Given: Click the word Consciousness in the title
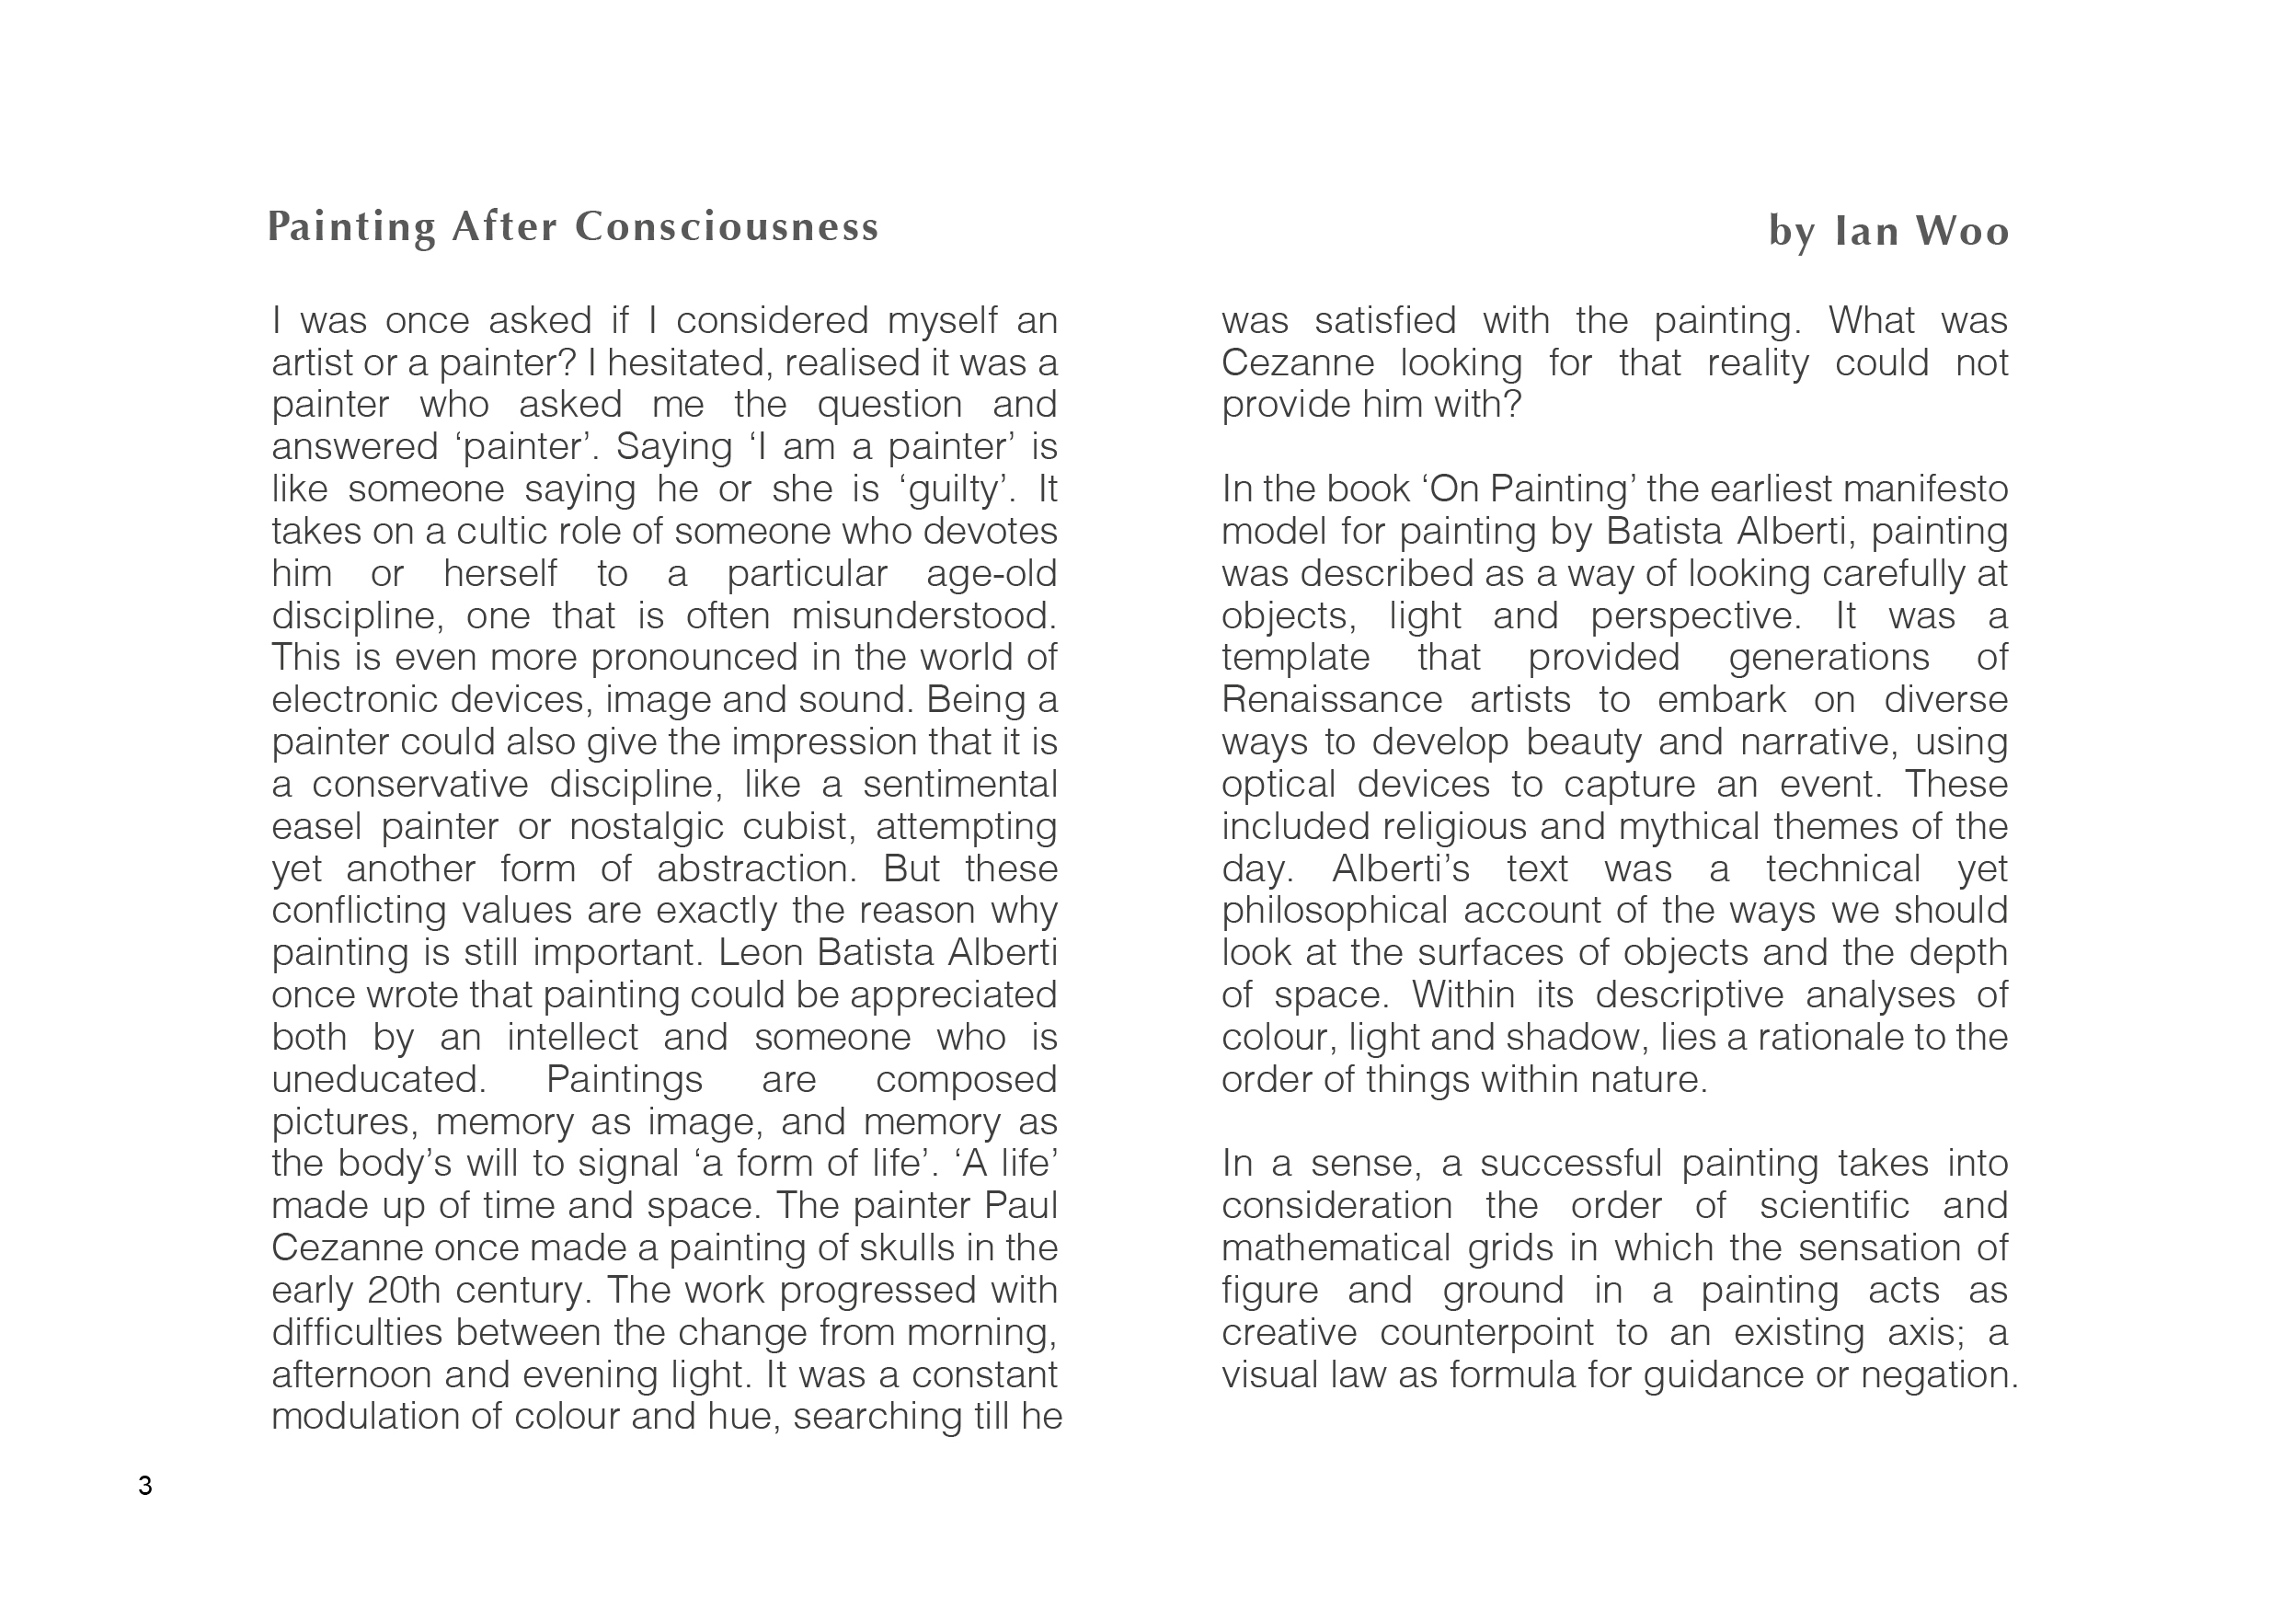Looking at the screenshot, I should click(x=727, y=227).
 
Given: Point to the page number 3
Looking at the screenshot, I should click(x=145, y=1486).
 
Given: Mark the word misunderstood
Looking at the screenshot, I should click(x=924, y=616).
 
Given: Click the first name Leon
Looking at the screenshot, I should click(x=762, y=953).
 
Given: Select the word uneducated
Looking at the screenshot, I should click(x=379, y=1079).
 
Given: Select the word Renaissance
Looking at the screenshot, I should click(x=1332, y=701).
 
